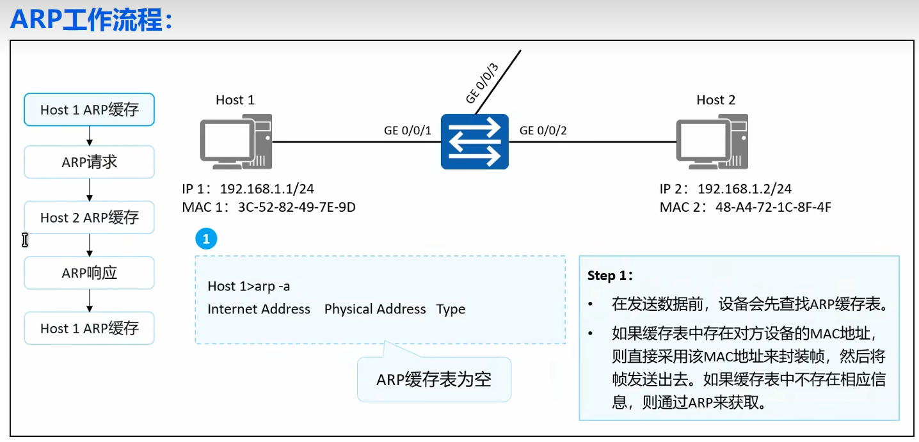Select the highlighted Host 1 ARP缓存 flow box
pyautogui.click(x=90, y=109)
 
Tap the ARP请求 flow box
pyautogui.click(x=90, y=162)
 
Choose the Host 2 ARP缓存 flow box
pyautogui.click(x=90, y=217)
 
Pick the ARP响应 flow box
pyautogui.click(x=90, y=273)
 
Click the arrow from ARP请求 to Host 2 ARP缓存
pyautogui.click(x=90, y=189)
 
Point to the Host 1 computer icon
pyautogui.click(x=236, y=142)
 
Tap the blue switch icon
pyautogui.click(x=474, y=141)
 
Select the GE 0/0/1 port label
pyautogui.click(x=408, y=131)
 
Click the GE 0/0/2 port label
pyautogui.click(x=543, y=131)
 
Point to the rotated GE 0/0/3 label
pyautogui.click(x=482, y=84)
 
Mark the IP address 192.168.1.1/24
pyautogui.click(x=267, y=189)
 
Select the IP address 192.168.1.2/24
pyautogui.click(x=744, y=189)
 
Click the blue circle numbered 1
pyautogui.click(x=206, y=240)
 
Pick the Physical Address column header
pyautogui.click(x=375, y=310)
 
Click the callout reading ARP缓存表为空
pyautogui.click(x=434, y=380)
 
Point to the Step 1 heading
pyautogui.click(x=611, y=276)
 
